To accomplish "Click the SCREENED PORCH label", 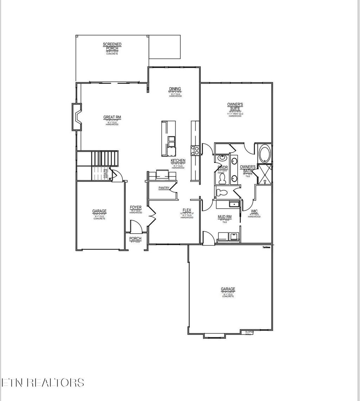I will [x=112, y=46].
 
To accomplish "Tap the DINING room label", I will [x=175, y=89].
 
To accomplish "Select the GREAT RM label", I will [x=112, y=117].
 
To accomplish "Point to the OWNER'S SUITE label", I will [x=235, y=107].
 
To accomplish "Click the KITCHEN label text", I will [x=178, y=161].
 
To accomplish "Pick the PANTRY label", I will [x=164, y=188].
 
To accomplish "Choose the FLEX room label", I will [x=187, y=210].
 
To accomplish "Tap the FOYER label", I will [x=136, y=208].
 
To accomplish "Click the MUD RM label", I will [x=225, y=217].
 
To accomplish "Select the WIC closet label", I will [x=254, y=211].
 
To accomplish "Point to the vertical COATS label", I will [x=105, y=174].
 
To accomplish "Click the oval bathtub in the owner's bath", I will [x=264, y=154].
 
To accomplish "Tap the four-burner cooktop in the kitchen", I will [x=195, y=151].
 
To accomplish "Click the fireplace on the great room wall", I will [x=77, y=116].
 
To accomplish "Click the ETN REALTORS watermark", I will [x=43, y=383].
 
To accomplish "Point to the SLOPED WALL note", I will [x=249, y=332].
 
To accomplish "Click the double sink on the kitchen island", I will [x=172, y=141].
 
